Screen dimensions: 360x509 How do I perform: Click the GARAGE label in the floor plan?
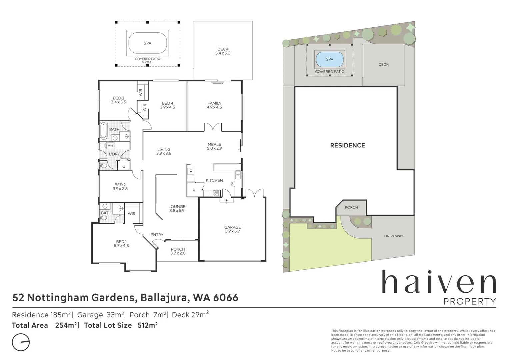click(232, 227)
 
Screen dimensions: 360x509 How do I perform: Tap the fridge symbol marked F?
click(191, 172)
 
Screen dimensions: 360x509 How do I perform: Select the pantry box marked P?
click(194, 190)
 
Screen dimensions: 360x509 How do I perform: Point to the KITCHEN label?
click(214, 180)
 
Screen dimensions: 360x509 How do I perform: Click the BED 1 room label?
click(121, 242)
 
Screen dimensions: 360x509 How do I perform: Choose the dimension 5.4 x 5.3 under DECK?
click(223, 53)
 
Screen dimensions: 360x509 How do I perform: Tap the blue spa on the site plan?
click(329, 59)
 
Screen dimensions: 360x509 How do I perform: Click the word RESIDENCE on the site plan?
click(347, 145)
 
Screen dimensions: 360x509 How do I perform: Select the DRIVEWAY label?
click(394, 236)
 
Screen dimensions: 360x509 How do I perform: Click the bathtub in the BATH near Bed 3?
click(104, 131)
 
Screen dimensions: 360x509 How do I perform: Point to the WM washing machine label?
click(110, 146)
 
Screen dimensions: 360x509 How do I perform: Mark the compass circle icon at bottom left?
click(21, 342)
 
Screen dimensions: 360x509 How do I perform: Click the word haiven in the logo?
click(439, 283)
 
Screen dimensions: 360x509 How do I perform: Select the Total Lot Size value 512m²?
click(147, 325)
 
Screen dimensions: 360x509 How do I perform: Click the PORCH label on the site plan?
click(351, 207)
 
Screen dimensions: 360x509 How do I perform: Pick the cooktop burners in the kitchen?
click(216, 192)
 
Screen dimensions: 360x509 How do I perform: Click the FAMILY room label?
click(214, 103)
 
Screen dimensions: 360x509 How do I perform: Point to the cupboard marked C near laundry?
click(124, 166)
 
